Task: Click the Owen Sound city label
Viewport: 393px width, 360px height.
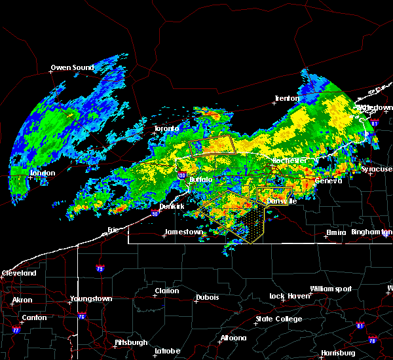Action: click(72, 67)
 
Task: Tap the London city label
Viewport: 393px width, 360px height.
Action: click(43, 173)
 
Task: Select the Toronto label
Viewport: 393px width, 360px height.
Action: click(166, 128)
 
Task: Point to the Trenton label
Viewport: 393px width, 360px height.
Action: click(287, 98)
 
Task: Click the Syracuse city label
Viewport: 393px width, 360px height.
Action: click(377, 169)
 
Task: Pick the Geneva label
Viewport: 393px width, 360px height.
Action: click(329, 181)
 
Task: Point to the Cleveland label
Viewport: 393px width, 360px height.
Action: click(18, 272)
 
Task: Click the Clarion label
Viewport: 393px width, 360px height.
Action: click(166, 291)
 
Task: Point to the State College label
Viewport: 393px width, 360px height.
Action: click(279, 319)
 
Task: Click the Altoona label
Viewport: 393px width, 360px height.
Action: click(233, 338)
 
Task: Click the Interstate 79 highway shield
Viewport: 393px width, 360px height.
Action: click(100, 268)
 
